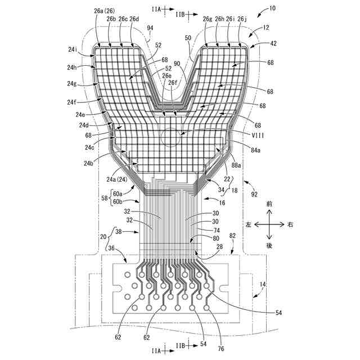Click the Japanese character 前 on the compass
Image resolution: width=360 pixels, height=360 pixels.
point(269,203)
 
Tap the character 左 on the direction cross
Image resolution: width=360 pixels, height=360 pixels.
point(248,224)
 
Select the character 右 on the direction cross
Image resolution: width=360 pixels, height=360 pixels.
point(291,224)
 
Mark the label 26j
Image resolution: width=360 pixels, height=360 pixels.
point(241,19)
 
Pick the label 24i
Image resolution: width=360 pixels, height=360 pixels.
point(74,49)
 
